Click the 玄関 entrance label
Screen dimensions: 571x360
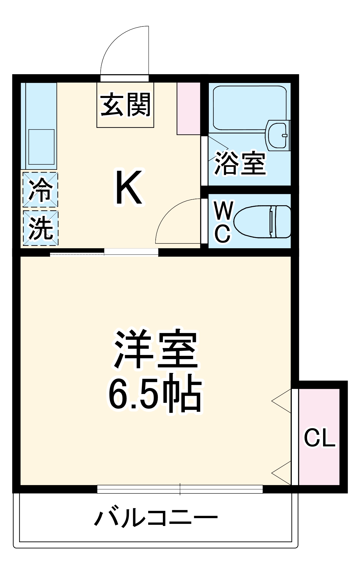pyautogui.click(x=125, y=105)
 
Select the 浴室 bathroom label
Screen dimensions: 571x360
pyautogui.click(x=240, y=163)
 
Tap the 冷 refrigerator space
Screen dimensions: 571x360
pyautogui.click(x=40, y=189)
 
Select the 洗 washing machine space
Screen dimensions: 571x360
pyautogui.click(x=40, y=228)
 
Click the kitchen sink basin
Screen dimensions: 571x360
pyautogui.click(x=41, y=147)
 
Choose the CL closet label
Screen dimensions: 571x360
pyautogui.click(x=319, y=438)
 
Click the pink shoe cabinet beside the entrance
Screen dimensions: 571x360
pyautogui.click(x=188, y=108)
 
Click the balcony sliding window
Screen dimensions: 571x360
pyautogui.click(x=180, y=489)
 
